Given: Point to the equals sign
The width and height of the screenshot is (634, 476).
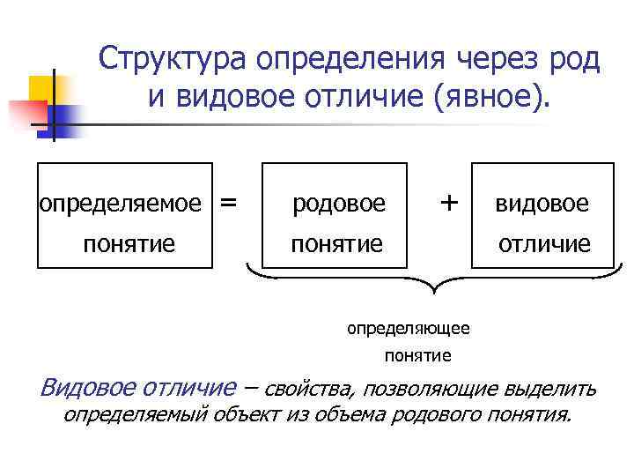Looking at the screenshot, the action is (x=229, y=202).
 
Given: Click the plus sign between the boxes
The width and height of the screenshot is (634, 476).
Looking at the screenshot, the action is (x=449, y=202).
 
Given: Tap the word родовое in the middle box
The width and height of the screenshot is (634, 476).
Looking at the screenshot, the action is (x=339, y=204).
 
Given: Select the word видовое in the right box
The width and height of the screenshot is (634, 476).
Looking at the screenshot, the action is (x=542, y=204).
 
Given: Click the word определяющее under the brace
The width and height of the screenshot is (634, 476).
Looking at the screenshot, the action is (x=409, y=328).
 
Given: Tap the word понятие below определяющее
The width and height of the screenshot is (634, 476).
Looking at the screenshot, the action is (x=417, y=356).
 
